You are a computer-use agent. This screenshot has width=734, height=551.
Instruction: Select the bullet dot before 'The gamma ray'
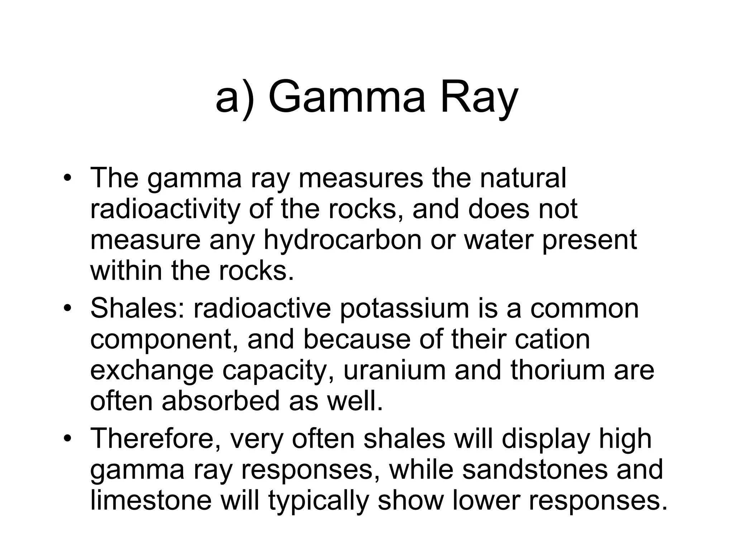(x=67, y=178)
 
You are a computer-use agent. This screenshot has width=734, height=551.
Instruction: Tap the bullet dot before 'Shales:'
(x=67, y=309)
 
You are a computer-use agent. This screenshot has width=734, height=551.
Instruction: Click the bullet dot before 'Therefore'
(x=67, y=439)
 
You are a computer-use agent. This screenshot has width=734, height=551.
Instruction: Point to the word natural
(x=523, y=178)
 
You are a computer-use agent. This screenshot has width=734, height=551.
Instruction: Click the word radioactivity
(x=165, y=209)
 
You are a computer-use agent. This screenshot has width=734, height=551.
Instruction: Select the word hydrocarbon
(x=342, y=240)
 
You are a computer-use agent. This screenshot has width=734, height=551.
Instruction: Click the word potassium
(x=404, y=309)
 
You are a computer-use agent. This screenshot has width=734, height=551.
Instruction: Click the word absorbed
(x=220, y=401)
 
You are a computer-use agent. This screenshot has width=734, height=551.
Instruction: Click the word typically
(x=319, y=501)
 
